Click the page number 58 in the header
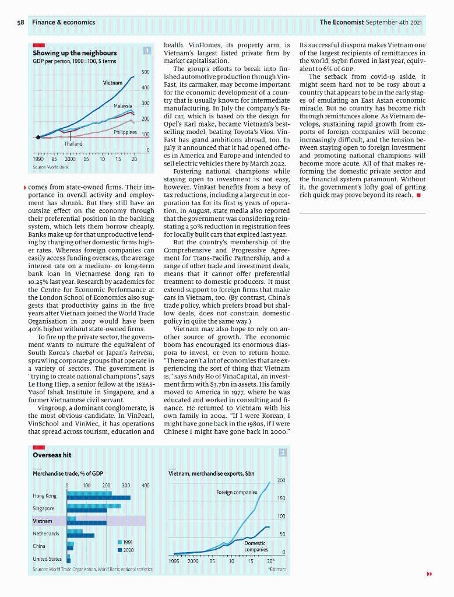pos(20,22)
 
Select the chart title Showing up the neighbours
pos(75,53)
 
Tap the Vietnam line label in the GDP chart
pos(112,83)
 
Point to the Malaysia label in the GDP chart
pos(123,106)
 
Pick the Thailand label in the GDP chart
pos(73,143)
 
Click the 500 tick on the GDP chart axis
pos(146,72)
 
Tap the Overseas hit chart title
pos(52,455)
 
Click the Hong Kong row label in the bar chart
pos(45,496)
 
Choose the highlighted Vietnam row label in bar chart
pos(43,521)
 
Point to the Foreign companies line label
pos(237,492)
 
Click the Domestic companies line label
pos(256,546)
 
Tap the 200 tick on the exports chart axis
pos(281,480)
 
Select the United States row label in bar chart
pos(47,559)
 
